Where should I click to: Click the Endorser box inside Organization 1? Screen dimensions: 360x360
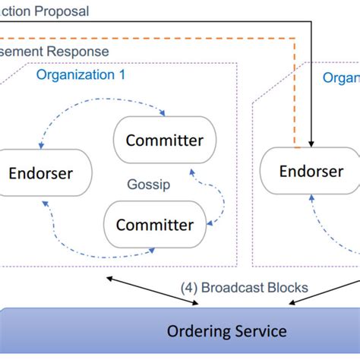tap(41, 173)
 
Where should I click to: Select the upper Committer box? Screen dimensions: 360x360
tap(164, 141)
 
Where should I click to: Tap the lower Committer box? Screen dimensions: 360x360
tap(153, 224)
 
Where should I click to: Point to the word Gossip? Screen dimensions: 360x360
tap(148, 185)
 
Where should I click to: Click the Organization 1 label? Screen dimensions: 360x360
tap(81, 75)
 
